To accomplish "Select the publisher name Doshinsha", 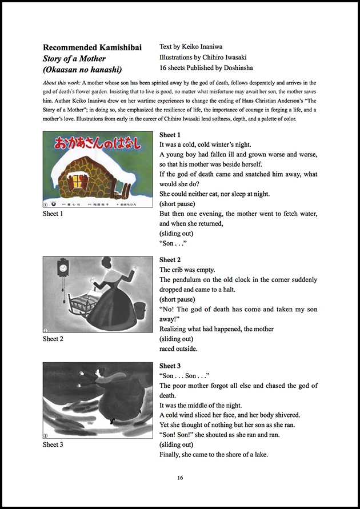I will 249,68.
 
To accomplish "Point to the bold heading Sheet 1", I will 170,135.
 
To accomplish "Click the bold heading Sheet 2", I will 170,260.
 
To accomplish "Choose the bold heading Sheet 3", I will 170,366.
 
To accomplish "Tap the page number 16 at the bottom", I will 180,478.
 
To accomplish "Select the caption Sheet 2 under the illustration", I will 53,339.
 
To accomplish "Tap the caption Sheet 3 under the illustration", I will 53,444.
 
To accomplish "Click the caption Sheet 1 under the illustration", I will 53,213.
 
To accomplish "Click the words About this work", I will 61,83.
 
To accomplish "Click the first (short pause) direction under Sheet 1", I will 178,204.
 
